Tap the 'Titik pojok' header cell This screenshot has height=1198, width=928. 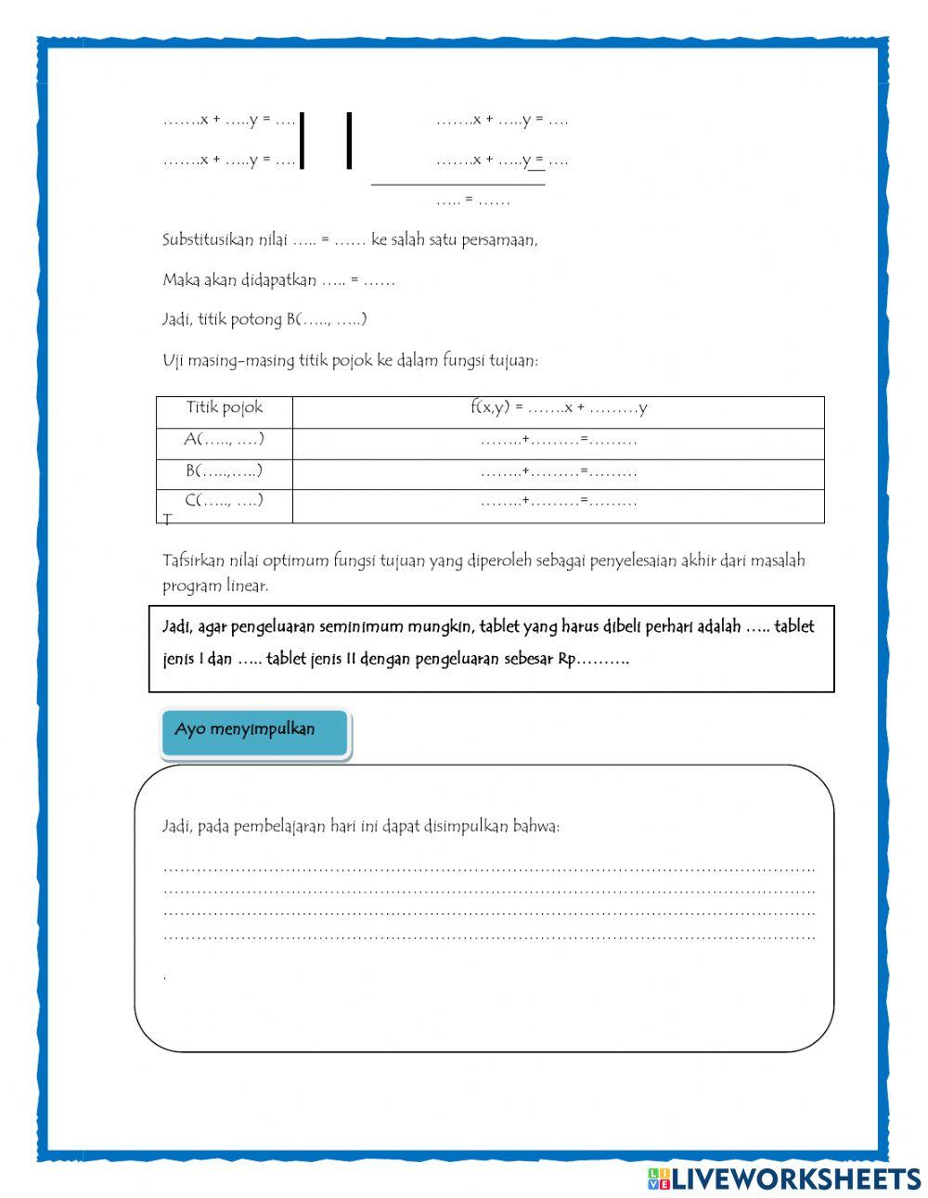pos(225,407)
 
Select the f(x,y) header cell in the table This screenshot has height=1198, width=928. pos(559,407)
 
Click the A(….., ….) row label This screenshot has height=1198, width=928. pos(225,440)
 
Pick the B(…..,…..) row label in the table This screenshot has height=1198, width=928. pos(225,470)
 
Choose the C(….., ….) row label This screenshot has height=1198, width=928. pos(225,501)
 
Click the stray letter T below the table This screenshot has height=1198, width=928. pos(167,520)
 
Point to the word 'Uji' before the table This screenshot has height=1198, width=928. pos(173,361)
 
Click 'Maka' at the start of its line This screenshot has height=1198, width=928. pos(180,279)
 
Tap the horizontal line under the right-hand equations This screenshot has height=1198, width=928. pos(458,185)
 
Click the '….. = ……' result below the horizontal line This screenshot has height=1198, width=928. pos(472,200)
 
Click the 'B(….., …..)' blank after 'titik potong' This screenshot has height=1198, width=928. pos(327,319)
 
